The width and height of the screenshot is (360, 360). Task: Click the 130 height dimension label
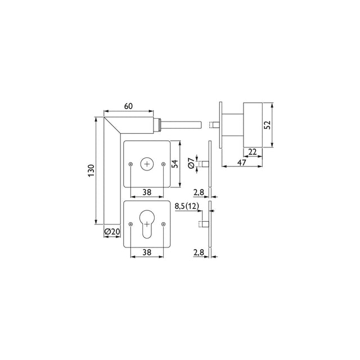coord(91,170)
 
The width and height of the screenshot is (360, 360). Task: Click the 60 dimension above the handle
coord(128,106)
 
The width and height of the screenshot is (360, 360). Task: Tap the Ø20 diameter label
coord(112,232)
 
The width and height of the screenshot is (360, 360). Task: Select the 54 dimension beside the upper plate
coord(175,164)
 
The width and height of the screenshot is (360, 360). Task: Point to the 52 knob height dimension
coord(267,125)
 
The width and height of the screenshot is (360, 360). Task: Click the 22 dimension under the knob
coord(253,152)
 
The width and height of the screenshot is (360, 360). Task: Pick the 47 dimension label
coord(241,163)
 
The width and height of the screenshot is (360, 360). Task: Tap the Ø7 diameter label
coord(191,164)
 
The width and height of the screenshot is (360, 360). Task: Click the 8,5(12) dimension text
coord(187,206)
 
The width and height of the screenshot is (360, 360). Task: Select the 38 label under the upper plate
coord(147,192)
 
